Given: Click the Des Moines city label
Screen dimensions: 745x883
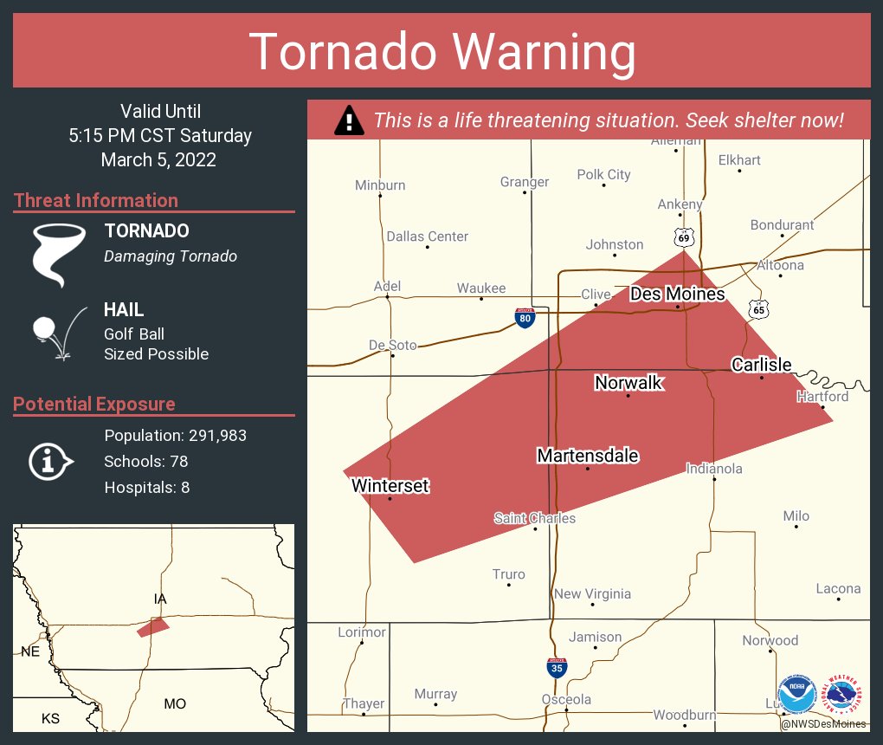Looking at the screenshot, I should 677,295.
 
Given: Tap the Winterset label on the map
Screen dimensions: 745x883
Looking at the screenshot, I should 390,486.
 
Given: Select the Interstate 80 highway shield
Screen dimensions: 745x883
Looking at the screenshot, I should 525,317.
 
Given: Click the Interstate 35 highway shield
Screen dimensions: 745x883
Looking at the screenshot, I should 558,668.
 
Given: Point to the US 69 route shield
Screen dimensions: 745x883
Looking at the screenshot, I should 684,236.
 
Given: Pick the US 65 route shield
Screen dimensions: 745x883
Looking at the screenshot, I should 758,308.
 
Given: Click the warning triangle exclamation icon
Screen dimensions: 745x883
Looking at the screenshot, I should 348,120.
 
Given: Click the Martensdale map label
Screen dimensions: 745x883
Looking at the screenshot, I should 588,456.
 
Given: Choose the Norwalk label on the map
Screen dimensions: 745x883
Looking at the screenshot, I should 628,383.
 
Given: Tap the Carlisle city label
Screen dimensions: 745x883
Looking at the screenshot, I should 761,365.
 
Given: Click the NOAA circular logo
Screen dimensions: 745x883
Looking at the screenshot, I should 797,695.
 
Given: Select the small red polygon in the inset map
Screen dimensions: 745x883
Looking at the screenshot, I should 153,627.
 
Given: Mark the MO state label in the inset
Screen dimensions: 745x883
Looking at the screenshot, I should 175,703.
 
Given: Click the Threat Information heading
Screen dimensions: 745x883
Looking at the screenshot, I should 96,200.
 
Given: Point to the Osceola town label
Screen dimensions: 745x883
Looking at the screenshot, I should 566,699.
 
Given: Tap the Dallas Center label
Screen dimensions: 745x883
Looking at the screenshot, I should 427,236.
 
